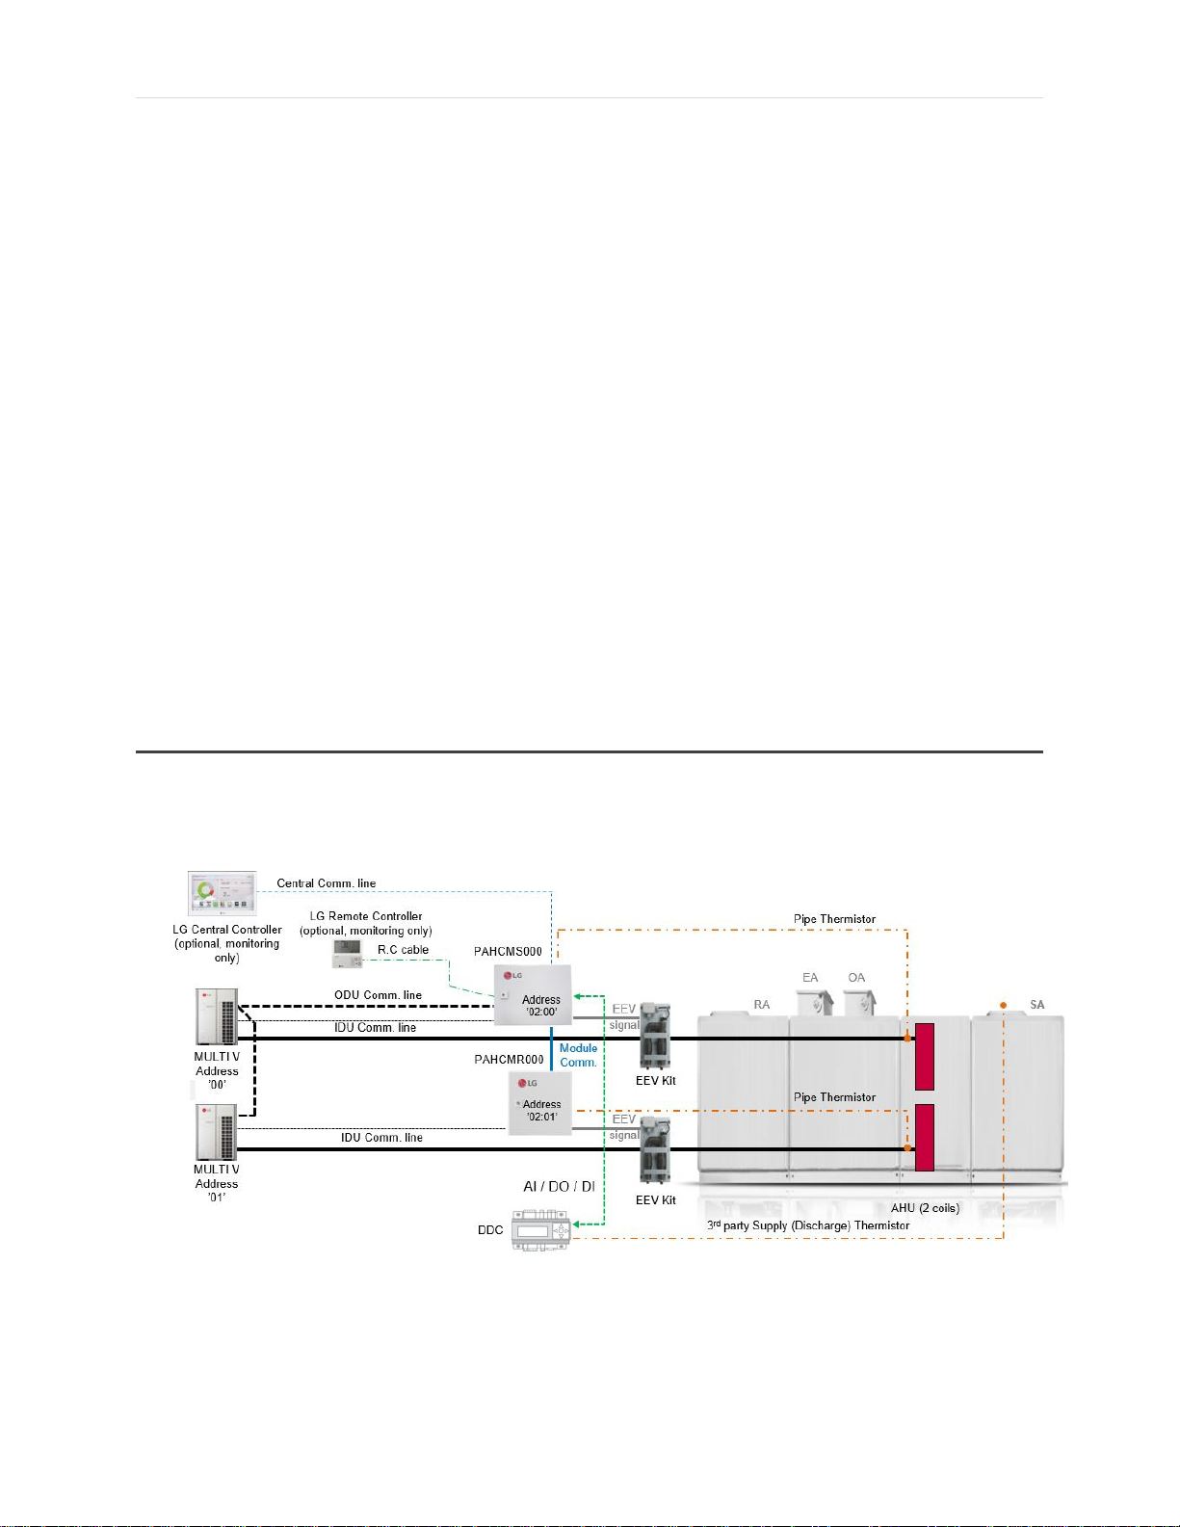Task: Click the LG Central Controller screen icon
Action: pyautogui.click(x=223, y=894)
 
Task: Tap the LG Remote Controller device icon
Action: pyautogui.click(x=347, y=954)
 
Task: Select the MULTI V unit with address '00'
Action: pyautogui.click(x=217, y=1017)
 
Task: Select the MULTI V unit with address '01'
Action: pyautogui.click(x=217, y=1132)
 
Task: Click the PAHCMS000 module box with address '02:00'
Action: pyautogui.click(x=533, y=994)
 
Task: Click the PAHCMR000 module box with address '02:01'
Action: pyautogui.click(x=539, y=1103)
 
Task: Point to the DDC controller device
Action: pyautogui.click(x=540, y=1231)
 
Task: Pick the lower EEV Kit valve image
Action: pyautogui.click(x=656, y=1150)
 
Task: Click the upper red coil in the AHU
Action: pyautogui.click(x=925, y=1056)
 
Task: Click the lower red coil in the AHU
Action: pyautogui.click(x=925, y=1138)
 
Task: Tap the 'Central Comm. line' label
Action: pyautogui.click(x=327, y=883)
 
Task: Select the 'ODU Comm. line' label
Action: pyautogui.click(x=378, y=995)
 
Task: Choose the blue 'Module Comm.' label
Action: pyautogui.click(x=578, y=1055)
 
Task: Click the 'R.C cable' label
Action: pyautogui.click(x=403, y=950)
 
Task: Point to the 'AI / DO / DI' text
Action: pyautogui.click(x=559, y=1187)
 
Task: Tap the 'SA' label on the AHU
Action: pyautogui.click(x=1036, y=1005)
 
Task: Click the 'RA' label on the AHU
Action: pyautogui.click(x=762, y=1005)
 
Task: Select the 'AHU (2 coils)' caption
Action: pyautogui.click(x=925, y=1208)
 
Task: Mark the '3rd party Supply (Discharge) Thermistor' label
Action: pyautogui.click(x=808, y=1225)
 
